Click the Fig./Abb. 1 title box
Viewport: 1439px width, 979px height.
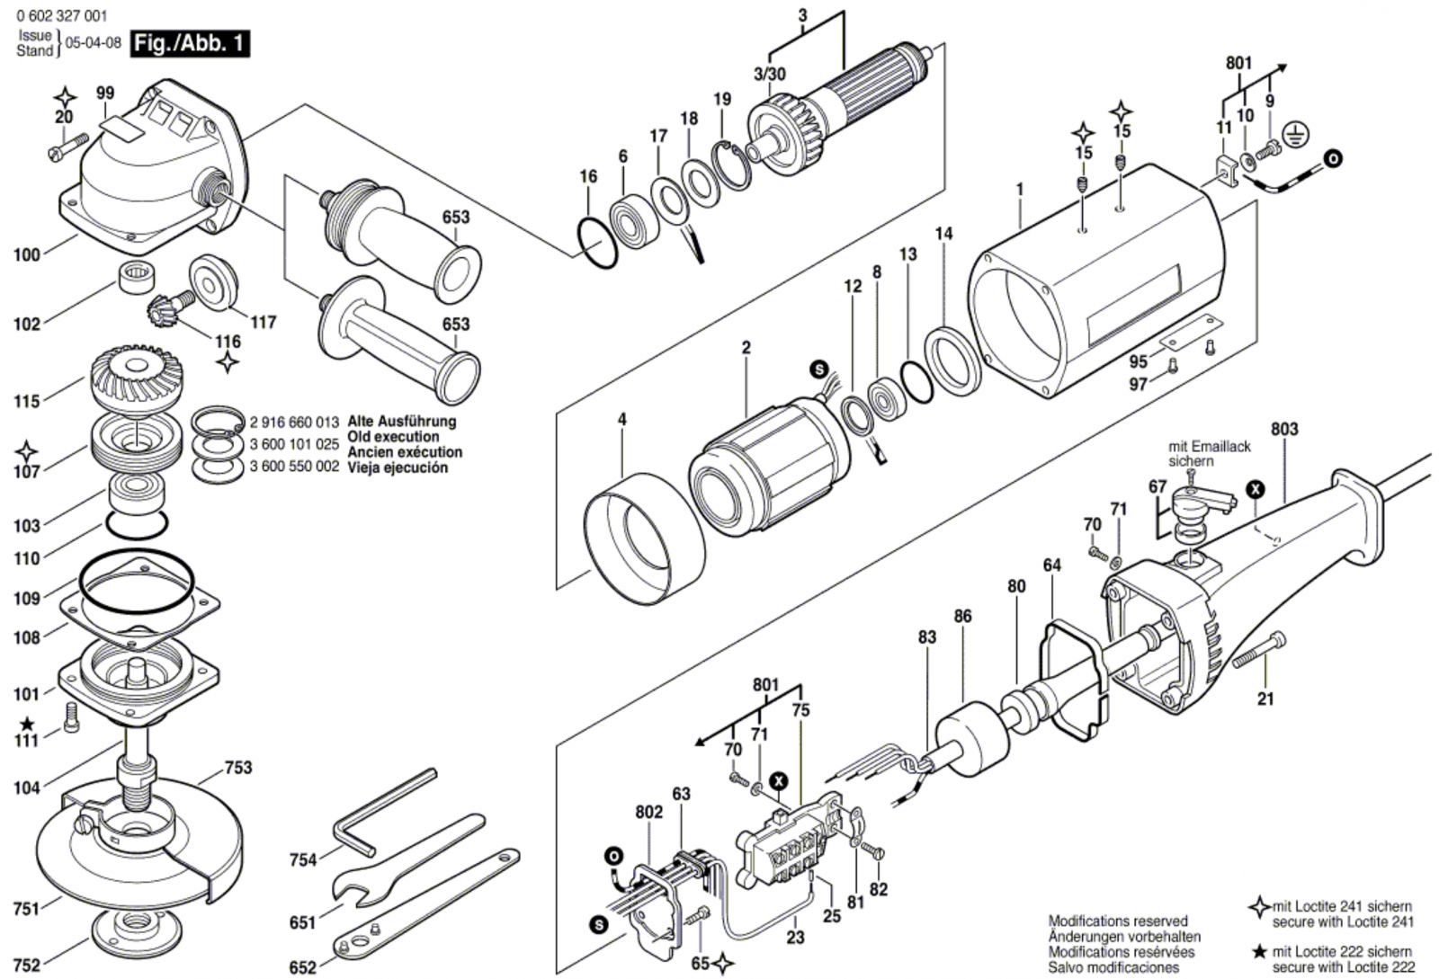190,43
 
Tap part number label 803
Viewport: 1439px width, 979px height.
1284,430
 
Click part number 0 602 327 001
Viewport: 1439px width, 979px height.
60,15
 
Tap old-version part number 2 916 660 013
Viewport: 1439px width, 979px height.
294,422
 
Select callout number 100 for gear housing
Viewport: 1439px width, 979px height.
27,254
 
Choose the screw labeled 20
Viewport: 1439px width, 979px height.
68,145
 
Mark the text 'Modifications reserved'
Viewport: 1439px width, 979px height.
1118,921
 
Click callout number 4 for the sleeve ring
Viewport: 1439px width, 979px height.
621,420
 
